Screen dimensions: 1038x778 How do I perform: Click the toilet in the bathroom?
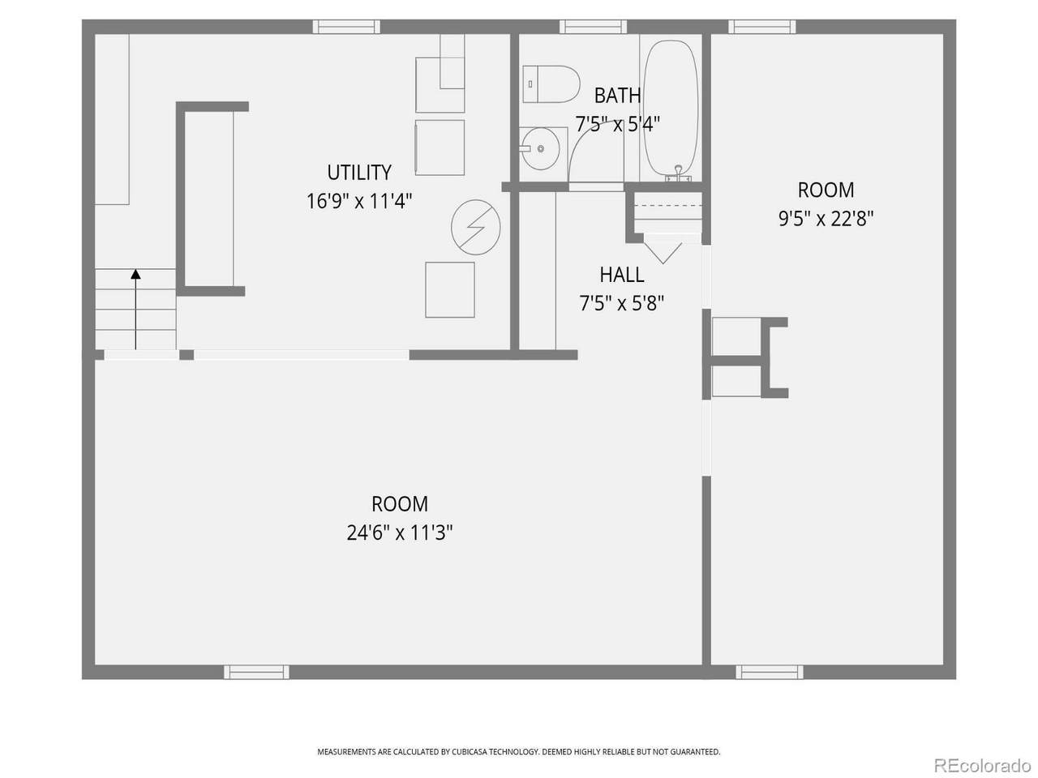click(x=551, y=84)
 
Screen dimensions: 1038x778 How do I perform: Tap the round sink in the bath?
click(x=540, y=149)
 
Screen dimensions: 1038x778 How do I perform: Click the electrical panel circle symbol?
click(x=476, y=227)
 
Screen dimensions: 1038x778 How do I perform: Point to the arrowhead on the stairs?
click(x=135, y=274)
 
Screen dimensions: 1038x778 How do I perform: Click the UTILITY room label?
click(x=359, y=173)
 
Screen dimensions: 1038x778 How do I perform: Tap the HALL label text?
click(x=622, y=275)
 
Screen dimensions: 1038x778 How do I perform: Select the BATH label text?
click(x=618, y=96)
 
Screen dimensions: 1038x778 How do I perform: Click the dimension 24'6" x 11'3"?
click(x=400, y=532)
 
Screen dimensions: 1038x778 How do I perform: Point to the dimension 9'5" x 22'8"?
click(x=826, y=219)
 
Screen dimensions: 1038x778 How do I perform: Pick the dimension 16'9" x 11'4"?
click(x=359, y=201)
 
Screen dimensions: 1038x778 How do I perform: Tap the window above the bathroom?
click(x=593, y=27)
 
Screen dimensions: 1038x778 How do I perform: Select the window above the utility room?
click(x=346, y=27)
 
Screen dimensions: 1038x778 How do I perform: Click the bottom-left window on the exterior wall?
click(x=256, y=672)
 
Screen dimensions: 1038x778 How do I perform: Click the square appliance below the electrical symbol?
click(x=450, y=290)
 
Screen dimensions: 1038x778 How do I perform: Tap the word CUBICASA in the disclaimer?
click(x=465, y=751)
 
